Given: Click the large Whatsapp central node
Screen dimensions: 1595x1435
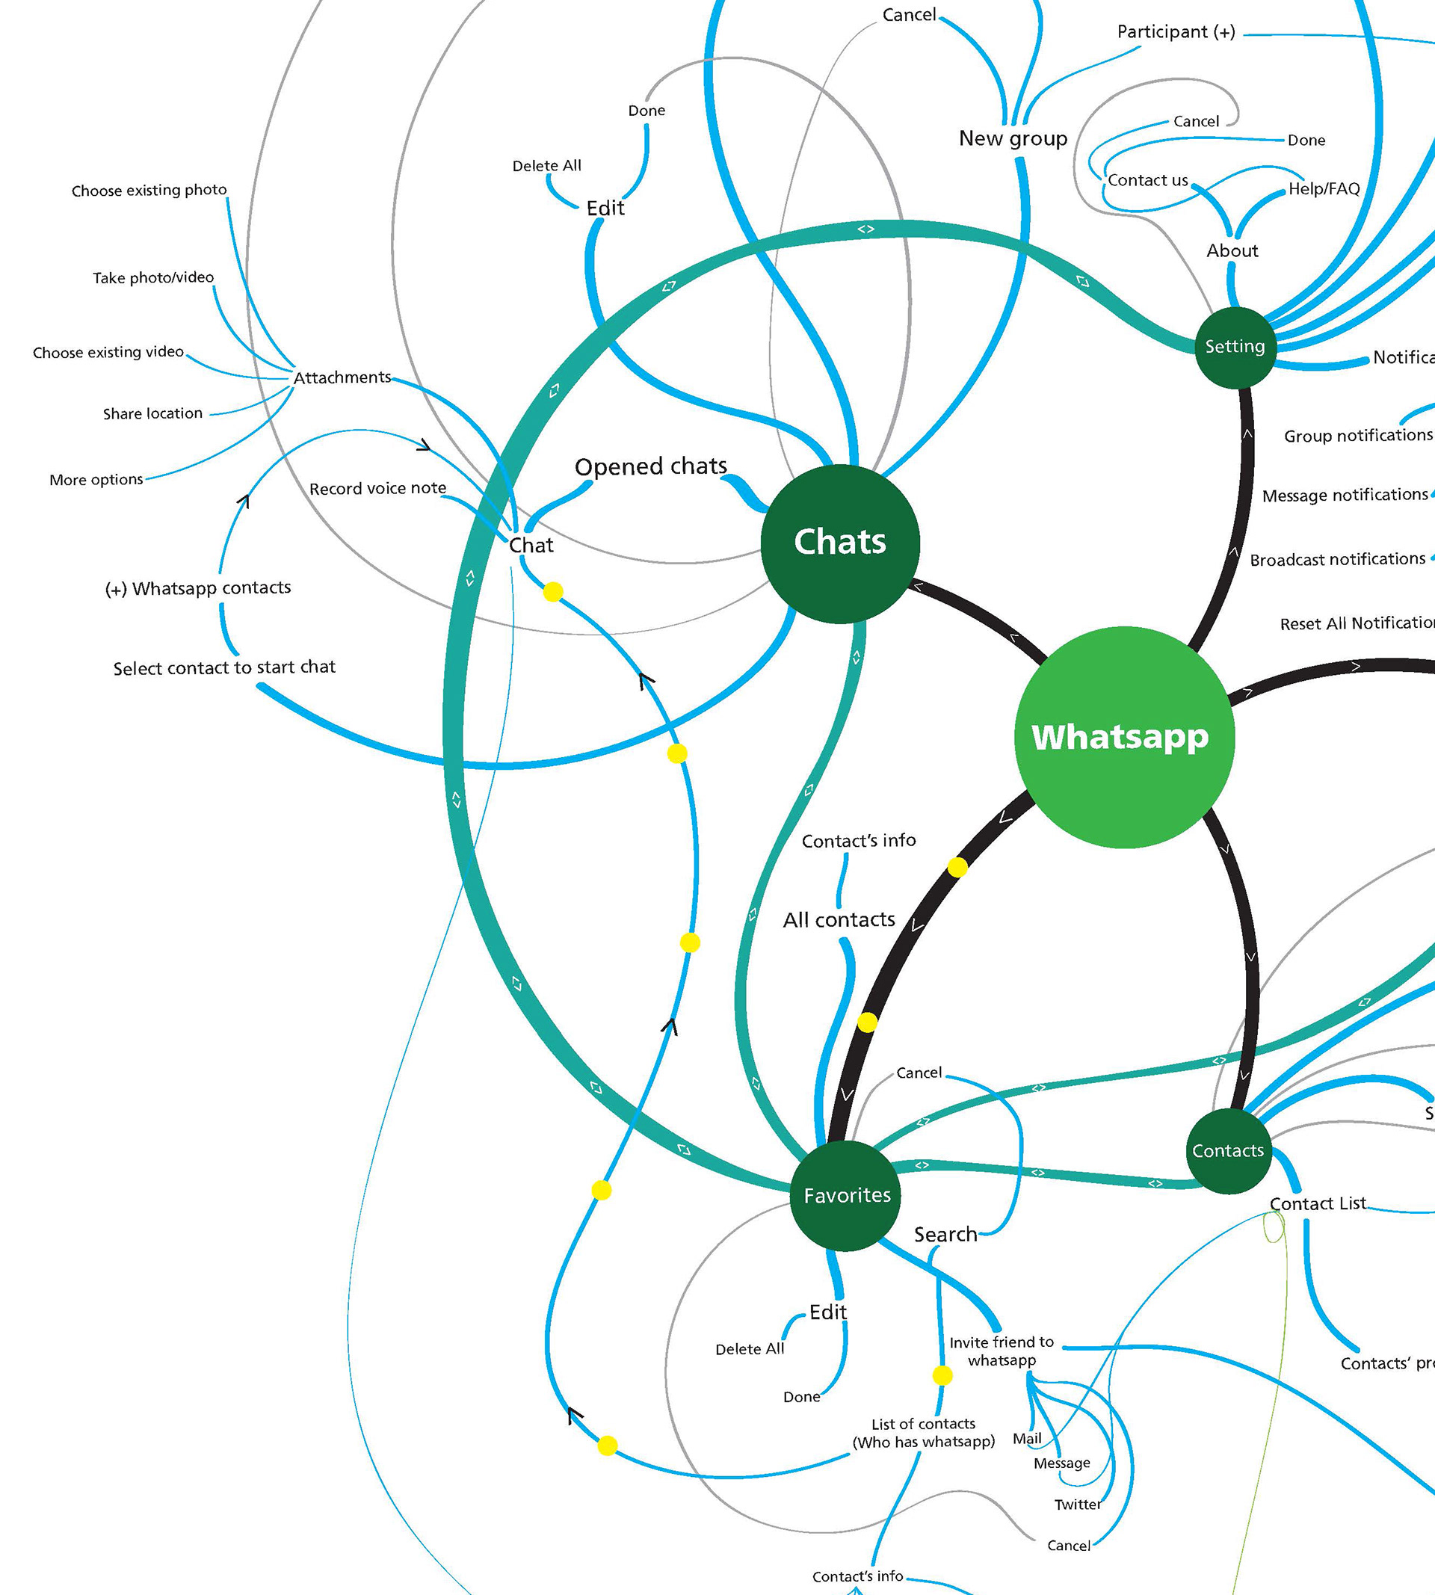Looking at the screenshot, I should [1123, 737].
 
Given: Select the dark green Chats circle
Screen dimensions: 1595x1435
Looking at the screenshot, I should [840, 543].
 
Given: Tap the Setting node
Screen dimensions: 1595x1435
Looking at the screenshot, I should [1235, 347].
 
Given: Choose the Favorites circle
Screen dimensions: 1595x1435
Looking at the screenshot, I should [846, 1195].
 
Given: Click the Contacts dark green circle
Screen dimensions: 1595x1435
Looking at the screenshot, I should [1228, 1150].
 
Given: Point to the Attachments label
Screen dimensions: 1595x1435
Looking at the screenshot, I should [342, 377].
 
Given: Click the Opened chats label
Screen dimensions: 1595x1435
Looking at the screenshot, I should [650, 466].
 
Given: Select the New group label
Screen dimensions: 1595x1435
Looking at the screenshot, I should [1013, 139].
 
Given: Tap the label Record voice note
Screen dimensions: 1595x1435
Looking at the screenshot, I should [377, 489].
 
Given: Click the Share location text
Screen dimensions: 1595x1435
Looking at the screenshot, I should [153, 414].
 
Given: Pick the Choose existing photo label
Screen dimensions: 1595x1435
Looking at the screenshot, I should [149, 191].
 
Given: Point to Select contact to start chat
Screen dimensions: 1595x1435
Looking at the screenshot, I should [224, 667].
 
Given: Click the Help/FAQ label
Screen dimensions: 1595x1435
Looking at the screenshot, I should [1324, 189].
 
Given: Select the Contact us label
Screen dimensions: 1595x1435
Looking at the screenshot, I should [1147, 181].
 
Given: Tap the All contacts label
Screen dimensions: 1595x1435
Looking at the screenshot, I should [839, 920].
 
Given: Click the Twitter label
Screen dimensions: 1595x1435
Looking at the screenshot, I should [1078, 1505].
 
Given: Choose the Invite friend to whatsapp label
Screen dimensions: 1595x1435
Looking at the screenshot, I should [1002, 1351].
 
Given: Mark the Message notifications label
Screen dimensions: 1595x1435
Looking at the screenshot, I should [1345, 495].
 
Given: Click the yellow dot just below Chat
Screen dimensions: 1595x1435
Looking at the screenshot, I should [554, 592].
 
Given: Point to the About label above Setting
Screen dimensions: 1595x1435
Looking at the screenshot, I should [1232, 250].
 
